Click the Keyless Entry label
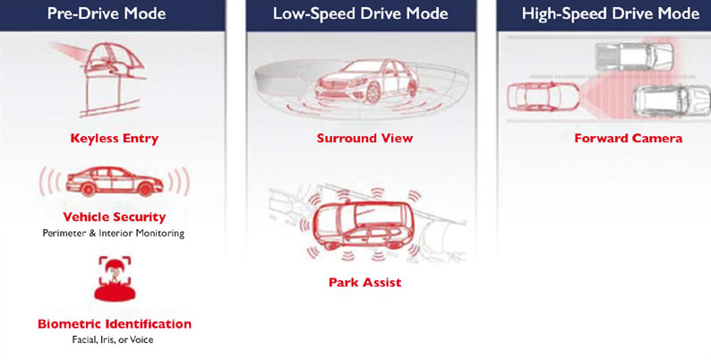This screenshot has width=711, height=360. tap(114, 139)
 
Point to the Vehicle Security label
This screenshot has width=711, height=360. tap(114, 217)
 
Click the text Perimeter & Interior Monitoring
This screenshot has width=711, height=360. tap(114, 233)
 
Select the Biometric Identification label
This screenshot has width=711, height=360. tap(114, 323)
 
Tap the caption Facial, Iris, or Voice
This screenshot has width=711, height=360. tap(114, 340)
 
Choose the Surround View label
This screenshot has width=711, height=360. tap(364, 139)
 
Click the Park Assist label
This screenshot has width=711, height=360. tap(364, 283)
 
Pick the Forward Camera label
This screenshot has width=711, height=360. tap(628, 139)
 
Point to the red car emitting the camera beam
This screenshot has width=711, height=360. tap(535, 96)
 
